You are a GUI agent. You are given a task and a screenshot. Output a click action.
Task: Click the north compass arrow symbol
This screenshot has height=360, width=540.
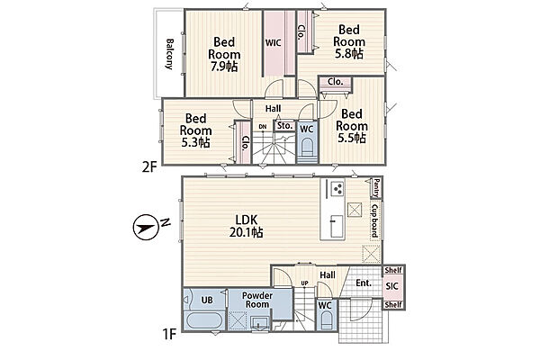(x=145, y=227)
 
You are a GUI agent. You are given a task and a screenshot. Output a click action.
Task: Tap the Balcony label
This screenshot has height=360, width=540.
(x=170, y=54)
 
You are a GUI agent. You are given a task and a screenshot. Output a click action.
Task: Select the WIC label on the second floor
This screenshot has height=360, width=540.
(x=273, y=42)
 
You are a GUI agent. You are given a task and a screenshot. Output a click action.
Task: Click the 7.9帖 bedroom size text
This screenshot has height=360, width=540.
(x=224, y=66)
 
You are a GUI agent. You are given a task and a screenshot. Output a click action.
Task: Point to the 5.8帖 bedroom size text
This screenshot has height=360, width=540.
(x=349, y=53)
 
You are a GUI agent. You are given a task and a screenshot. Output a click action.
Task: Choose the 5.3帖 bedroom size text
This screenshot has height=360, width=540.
(x=195, y=142)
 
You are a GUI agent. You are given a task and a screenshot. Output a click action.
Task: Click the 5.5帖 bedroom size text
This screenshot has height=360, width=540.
(x=352, y=138)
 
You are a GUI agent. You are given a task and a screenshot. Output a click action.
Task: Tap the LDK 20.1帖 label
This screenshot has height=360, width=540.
(x=247, y=226)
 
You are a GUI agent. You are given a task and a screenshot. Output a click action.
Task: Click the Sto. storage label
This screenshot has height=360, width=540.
(x=284, y=126)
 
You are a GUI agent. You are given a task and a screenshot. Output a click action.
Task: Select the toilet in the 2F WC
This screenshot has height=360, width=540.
(x=307, y=148)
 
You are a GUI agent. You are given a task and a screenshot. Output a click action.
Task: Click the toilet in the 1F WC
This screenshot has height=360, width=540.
(x=326, y=320)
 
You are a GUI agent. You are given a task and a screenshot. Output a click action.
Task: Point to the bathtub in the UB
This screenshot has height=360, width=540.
(x=204, y=319)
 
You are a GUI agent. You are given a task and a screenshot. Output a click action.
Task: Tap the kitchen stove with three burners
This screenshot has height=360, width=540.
(x=337, y=188)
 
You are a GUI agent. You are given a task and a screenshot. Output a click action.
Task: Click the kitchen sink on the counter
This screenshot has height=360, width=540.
(x=337, y=226)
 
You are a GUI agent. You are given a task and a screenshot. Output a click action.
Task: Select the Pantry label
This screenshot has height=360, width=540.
(x=376, y=188)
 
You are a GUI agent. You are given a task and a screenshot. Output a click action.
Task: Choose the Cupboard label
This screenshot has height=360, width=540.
(x=375, y=221)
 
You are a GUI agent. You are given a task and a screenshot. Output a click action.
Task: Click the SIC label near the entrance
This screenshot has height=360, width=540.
(x=391, y=286)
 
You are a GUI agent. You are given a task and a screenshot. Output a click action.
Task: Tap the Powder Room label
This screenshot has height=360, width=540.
(x=257, y=300)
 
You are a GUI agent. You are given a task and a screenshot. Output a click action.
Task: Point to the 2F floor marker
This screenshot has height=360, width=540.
(x=149, y=167)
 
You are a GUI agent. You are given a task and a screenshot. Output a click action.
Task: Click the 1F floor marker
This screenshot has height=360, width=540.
(x=169, y=334)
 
